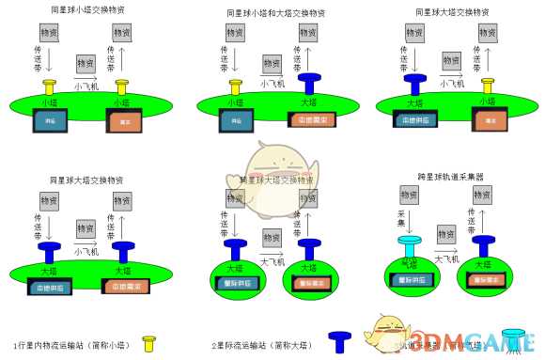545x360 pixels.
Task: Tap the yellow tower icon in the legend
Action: (x=148, y=343)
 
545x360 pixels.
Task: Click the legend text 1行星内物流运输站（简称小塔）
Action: (x=71, y=344)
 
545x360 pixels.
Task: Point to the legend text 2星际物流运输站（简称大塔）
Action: (x=264, y=344)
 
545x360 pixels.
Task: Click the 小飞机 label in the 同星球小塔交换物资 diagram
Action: (x=86, y=84)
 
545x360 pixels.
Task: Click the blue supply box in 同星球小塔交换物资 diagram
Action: (x=50, y=120)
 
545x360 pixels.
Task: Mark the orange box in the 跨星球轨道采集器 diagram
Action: (x=485, y=281)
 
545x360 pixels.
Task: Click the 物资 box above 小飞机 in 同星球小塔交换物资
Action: (x=86, y=64)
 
